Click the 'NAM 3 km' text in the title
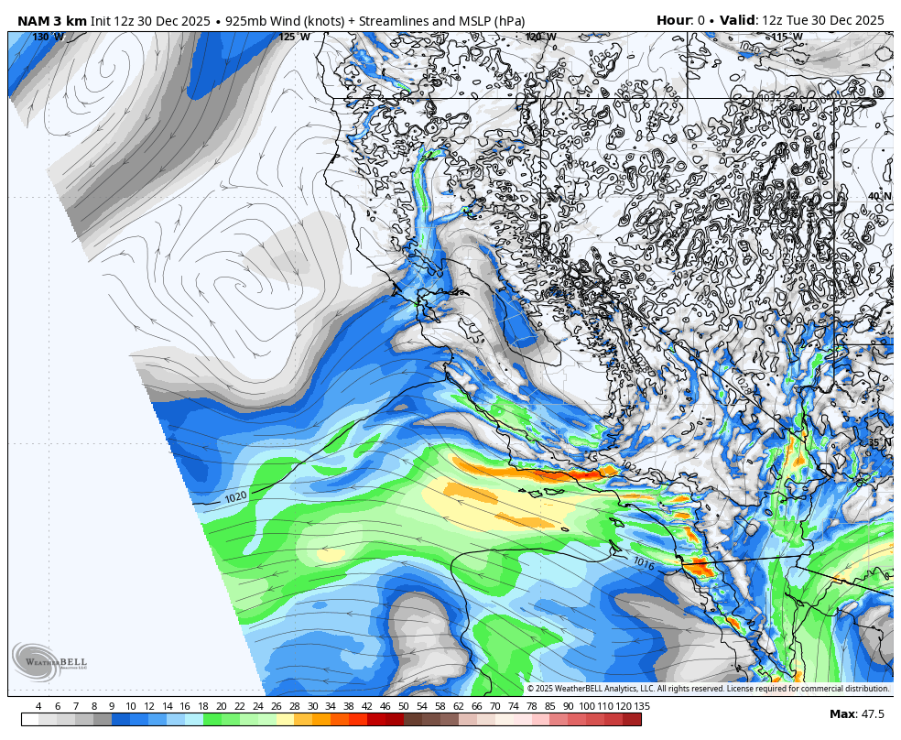[x=52, y=20]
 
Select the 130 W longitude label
[x=48, y=38]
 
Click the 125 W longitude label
[x=294, y=38]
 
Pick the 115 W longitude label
[x=787, y=38]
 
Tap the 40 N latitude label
[x=879, y=197]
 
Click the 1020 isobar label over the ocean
[x=235, y=497]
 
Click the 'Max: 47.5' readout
[x=857, y=714]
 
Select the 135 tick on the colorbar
[x=642, y=706]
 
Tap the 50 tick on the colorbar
[x=403, y=706]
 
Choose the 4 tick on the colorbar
[x=38, y=706]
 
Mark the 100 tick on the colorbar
[x=586, y=706]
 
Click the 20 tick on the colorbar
[x=222, y=706]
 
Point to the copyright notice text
[x=708, y=689]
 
